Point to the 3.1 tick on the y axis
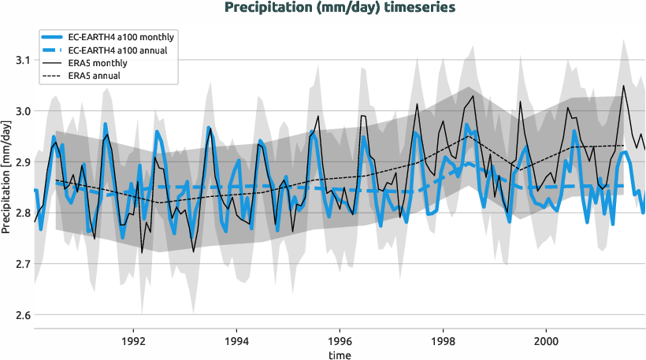coord(21,61)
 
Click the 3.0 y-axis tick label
coord(21,111)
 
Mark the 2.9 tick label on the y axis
coord(21,162)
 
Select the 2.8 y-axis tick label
coord(21,213)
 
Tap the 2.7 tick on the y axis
coord(21,264)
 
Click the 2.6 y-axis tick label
coord(21,315)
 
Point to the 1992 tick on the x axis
coord(133,343)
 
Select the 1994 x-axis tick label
coord(236,343)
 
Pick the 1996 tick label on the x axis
coord(340,343)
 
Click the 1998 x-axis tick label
coord(443,343)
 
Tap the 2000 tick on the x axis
coord(546,343)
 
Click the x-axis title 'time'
coord(340,355)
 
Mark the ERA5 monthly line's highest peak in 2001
coord(624,86)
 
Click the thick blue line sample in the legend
coord(55,37)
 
